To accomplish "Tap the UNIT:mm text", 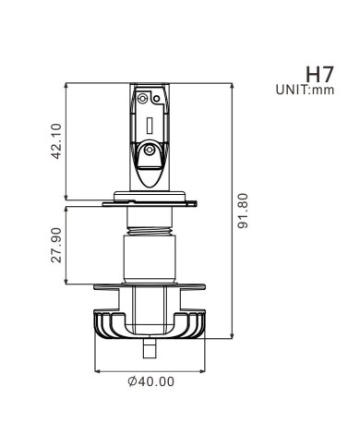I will (303, 91).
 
